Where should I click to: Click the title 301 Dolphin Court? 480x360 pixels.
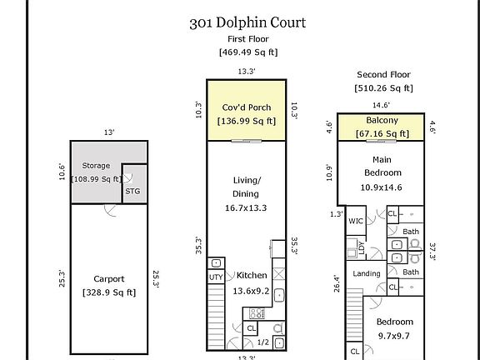click(247, 22)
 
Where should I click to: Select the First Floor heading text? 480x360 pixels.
click(247, 38)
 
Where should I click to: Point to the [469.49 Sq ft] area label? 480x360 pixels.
click(247, 52)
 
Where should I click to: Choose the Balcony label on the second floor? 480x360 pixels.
click(382, 120)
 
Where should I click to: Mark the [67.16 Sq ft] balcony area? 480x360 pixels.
click(382, 132)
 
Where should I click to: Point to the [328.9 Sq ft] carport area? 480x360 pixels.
click(109, 292)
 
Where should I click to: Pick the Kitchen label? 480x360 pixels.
click(251, 275)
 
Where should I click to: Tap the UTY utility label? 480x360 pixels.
click(214, 276)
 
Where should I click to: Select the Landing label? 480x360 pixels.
click(367, 273)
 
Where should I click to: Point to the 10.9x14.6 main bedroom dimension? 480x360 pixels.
click(382, 187)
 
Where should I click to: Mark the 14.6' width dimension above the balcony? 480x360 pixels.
click(380, 105)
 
